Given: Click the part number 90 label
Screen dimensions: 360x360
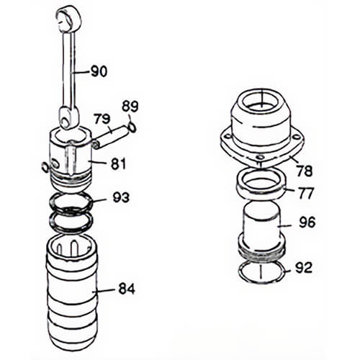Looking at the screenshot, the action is point(99,71).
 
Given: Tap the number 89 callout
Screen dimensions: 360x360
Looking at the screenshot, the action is point(130,107).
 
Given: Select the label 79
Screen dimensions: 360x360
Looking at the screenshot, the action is point(102,119).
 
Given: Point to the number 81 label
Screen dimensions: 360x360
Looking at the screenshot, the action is point(118,164).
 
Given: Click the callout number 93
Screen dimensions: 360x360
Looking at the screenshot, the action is point(121,197).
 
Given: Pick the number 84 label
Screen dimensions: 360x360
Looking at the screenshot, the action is point(127,289).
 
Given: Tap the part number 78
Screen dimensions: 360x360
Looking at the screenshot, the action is point(304,171).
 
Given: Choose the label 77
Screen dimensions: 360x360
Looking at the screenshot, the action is point(305,193).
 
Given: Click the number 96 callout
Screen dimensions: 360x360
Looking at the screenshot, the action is point(307,222).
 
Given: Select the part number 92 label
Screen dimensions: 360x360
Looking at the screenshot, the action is point(304,268).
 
